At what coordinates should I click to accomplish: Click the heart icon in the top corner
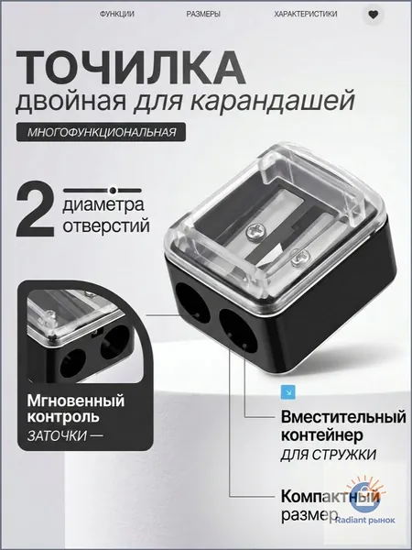click(x=374, y=15)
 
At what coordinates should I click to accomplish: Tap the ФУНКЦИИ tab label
click(x=117, y=14)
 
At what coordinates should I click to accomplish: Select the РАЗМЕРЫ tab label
click(x=203, y=14)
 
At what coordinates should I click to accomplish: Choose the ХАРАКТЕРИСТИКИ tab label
click(x=306, y=14)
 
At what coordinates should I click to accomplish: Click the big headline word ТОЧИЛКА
click(x=130, y=69)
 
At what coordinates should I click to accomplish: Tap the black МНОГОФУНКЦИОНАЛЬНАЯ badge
click(x=101, y=132)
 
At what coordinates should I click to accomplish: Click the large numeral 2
click(x=35, y=210)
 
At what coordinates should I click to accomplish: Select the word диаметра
click(x=103, y=204)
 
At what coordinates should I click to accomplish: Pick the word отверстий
click(x=106, y=225)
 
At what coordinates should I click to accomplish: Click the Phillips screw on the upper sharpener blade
click(x=253, y=231)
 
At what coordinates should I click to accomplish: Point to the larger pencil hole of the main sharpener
click(x=237, y=330)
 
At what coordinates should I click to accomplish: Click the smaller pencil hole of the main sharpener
click(x=192, y=301)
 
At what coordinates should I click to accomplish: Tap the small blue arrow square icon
click(x=288, y=392)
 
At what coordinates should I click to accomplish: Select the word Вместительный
click(x=343, y=417)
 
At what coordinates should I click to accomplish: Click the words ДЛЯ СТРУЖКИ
click(x=329, y=455)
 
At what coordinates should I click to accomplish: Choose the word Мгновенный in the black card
click(x=76, y=401)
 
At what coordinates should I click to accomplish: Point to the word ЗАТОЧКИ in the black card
click(x=57, y=435)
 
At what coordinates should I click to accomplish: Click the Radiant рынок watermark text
click(x=365, y=521)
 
